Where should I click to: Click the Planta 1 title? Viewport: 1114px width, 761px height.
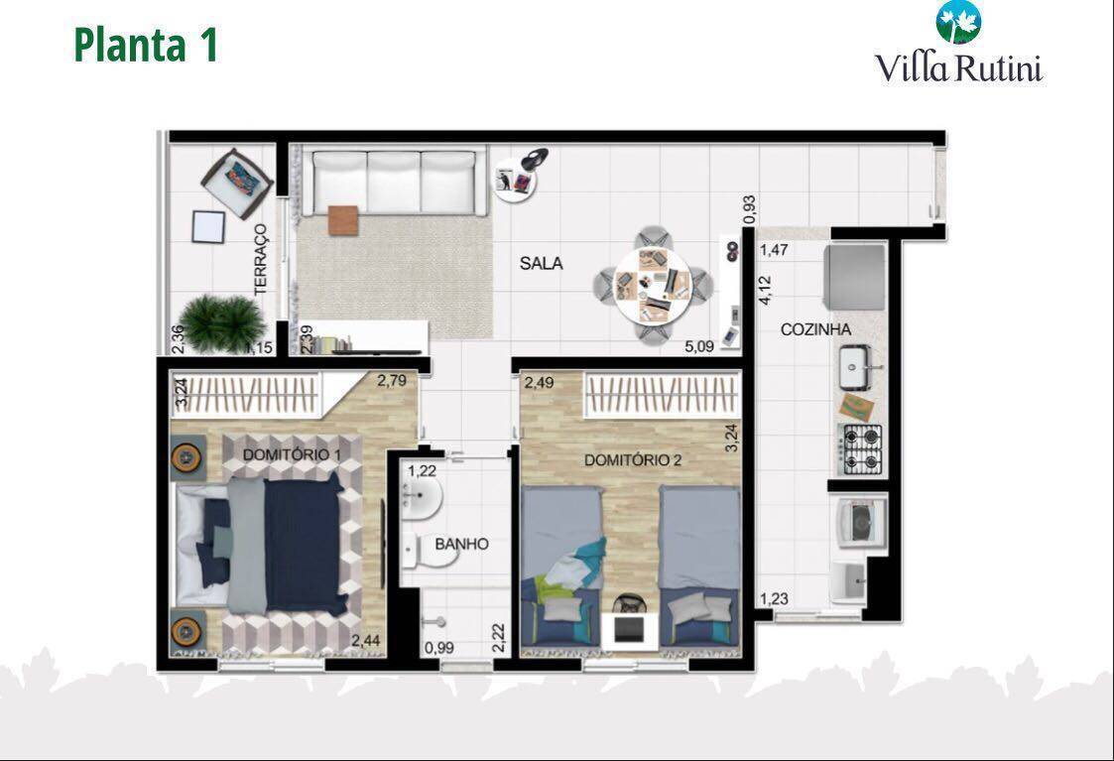146,46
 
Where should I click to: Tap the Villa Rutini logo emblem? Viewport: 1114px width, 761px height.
957,22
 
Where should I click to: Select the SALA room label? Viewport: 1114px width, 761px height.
541,264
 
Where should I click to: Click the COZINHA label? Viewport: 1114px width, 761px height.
815,329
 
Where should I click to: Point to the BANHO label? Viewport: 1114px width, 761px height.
461,544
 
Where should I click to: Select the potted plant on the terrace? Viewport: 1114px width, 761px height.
224,322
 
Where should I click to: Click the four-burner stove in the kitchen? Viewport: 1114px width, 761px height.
860,447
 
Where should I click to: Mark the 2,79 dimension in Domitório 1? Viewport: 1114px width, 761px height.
391,380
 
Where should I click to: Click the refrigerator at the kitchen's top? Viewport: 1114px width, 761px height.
854,276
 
